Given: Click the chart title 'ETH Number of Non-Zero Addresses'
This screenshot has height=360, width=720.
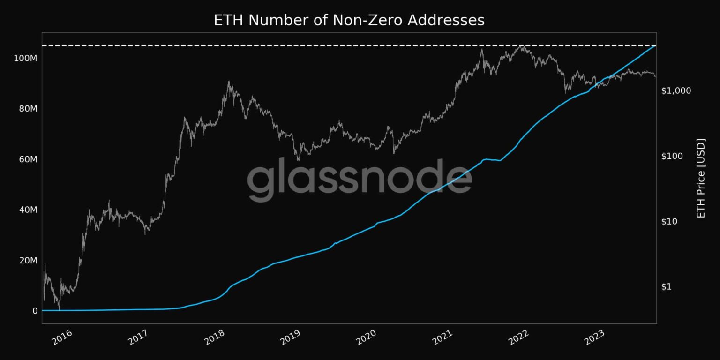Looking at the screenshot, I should coord(349,20).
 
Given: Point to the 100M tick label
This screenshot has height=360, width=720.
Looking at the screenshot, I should coord(26,58).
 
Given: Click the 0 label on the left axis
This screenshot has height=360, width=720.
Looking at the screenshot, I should coord(35,310).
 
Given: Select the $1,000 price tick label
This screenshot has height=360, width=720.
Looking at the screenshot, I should coord(676,90).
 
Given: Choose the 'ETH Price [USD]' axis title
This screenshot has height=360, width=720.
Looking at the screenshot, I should coord(701,178).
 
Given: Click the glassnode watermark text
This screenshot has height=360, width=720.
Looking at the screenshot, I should coord(359,180).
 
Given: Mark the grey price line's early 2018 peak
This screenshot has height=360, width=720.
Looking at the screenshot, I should coord(229,82).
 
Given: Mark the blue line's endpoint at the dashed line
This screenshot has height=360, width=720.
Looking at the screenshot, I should coord(655,46).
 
